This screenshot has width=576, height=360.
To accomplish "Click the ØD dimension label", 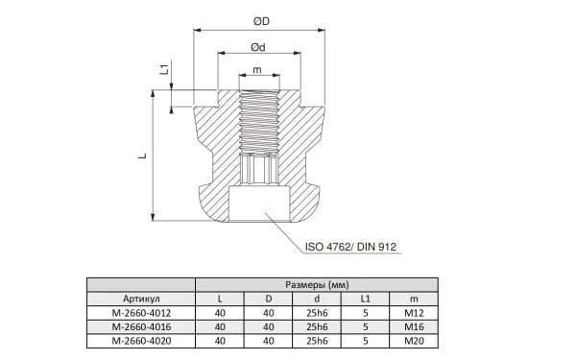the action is coord(261,21).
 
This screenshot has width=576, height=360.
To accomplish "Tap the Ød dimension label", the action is coord(258,47).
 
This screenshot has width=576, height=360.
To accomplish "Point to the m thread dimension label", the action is coord(257,69).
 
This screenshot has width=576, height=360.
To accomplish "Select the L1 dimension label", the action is coord(164,69).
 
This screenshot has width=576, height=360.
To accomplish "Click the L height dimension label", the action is coord(142,156).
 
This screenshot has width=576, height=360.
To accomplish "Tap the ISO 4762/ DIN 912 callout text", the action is coord(350,247).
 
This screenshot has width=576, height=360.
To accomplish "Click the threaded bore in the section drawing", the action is coord(259,122).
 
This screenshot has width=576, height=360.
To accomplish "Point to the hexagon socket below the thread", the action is coord(259,169).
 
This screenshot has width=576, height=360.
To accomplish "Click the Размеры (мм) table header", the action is coord(317,285).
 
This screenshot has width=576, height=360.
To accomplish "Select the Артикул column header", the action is coord(141,299).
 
